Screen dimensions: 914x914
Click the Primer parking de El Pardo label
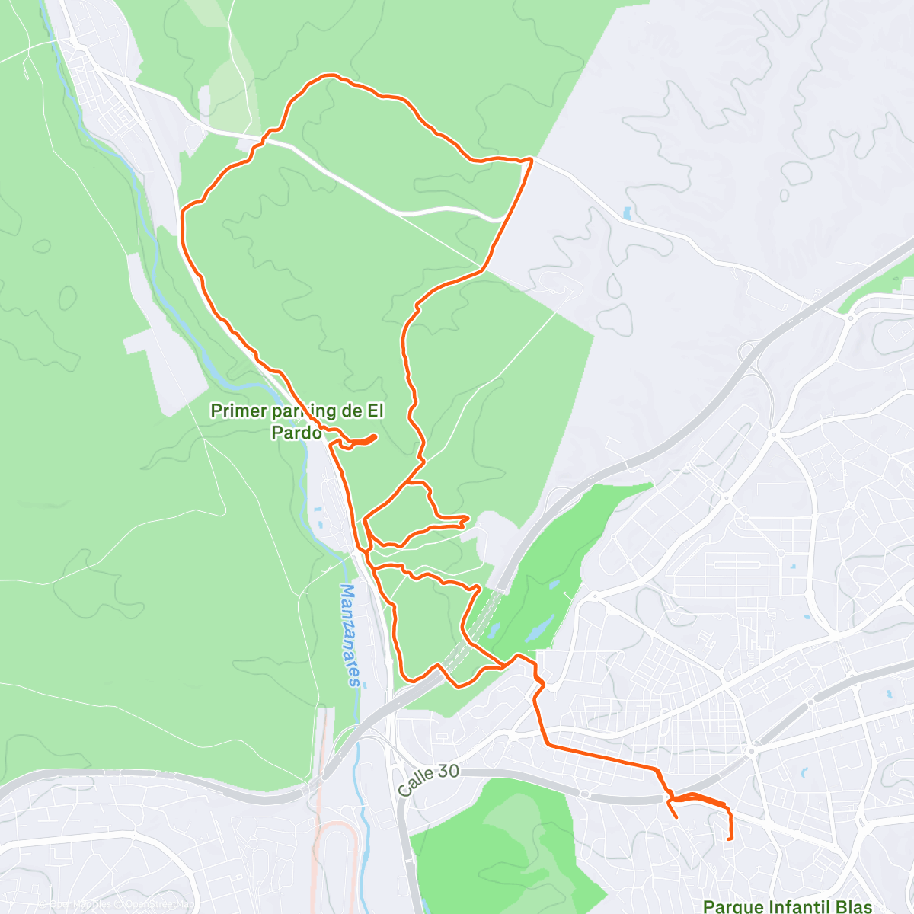pos(297,421)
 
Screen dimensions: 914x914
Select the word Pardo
pos(296,432)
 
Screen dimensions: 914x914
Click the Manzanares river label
pos(350,635)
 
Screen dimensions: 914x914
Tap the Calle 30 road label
pos(428,781)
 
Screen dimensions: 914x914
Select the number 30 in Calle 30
pos(449,772)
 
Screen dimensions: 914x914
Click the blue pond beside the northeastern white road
pos(626,214)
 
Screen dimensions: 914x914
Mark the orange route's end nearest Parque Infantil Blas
pos(730,839)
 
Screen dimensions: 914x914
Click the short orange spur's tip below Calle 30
pos(676,817)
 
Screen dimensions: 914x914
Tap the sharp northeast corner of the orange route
pos(531,159)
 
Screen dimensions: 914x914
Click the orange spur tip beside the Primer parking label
pos(376,436)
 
